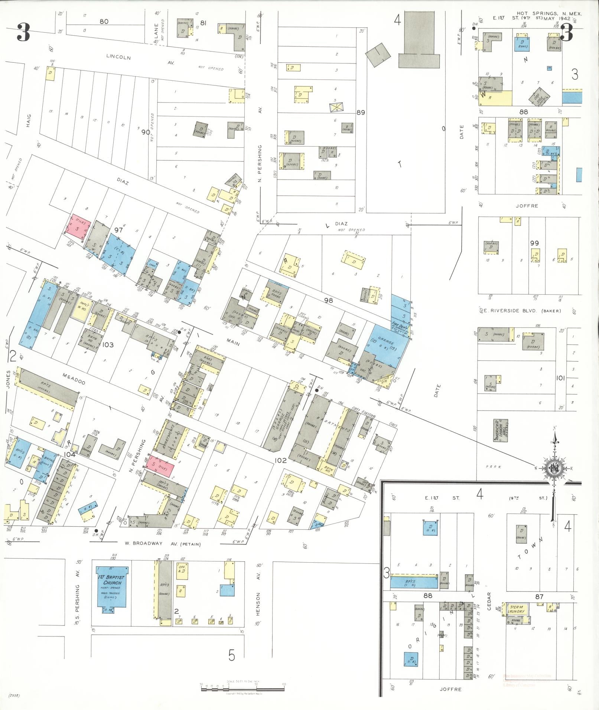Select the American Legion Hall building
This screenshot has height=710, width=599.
(x=501, y=430)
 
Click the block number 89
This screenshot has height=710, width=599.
(x=361, y=112)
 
